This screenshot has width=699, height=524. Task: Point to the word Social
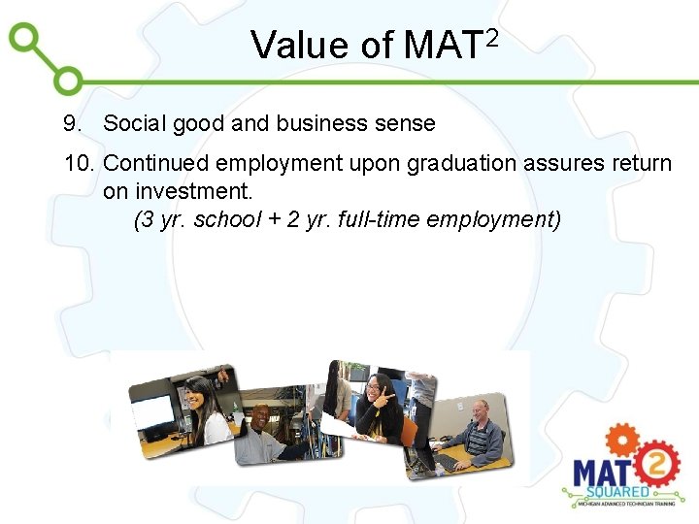tap(135, 124)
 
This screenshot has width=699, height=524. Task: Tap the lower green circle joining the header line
tap(69, 82)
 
